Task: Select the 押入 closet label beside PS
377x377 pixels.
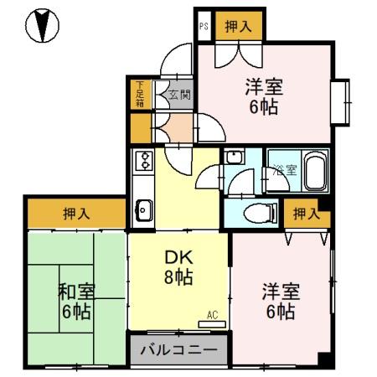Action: (238, 27)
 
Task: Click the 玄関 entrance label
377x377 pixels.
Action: (179, 95)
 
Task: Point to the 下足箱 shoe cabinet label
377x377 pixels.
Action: (140, 94)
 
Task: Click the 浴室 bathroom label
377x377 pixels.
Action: (285, 170)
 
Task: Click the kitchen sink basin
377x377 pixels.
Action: (142, 207)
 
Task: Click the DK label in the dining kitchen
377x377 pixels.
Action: (178, 259)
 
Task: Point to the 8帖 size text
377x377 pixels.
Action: (178, 277)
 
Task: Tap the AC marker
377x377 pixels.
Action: (212, 315)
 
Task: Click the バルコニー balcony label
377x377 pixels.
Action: (178, 349)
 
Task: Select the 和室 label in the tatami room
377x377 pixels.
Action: (75, 292)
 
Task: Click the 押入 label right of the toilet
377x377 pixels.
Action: (306, 214)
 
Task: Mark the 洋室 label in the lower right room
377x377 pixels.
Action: (281, 292)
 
